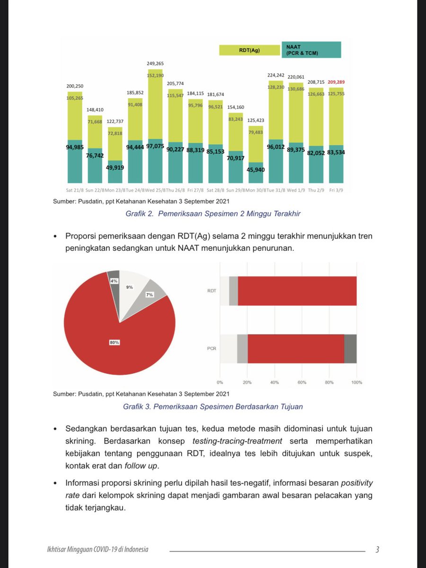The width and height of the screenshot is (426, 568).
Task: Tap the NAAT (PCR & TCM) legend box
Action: tap(312, 50)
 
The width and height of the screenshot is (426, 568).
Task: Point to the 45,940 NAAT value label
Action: tap(256, 169)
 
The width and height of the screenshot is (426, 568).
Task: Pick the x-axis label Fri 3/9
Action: tap(337, 190)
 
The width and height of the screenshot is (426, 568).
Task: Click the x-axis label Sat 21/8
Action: tap(75, 190)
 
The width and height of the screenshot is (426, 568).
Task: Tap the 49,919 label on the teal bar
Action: tap(115, 167)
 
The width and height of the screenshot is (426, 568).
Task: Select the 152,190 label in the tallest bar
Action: tap(156, 75)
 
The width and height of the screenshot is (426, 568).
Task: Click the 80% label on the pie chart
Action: tap(114, 342)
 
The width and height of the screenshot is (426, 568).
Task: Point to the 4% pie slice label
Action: tap(114, 281)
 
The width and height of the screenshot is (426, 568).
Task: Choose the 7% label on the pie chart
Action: tap(150, 295)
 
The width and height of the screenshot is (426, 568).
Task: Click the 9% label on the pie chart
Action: tap(129, 287)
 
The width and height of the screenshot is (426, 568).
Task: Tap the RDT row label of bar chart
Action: tap(212, 291)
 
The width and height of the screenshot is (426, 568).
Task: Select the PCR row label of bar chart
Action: tap(212, 349)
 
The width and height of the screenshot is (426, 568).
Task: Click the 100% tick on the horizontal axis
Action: tap(356, 382)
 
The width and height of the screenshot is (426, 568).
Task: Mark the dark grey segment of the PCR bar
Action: tap(350, 349)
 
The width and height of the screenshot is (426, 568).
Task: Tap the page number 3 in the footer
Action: tap(377, 550)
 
